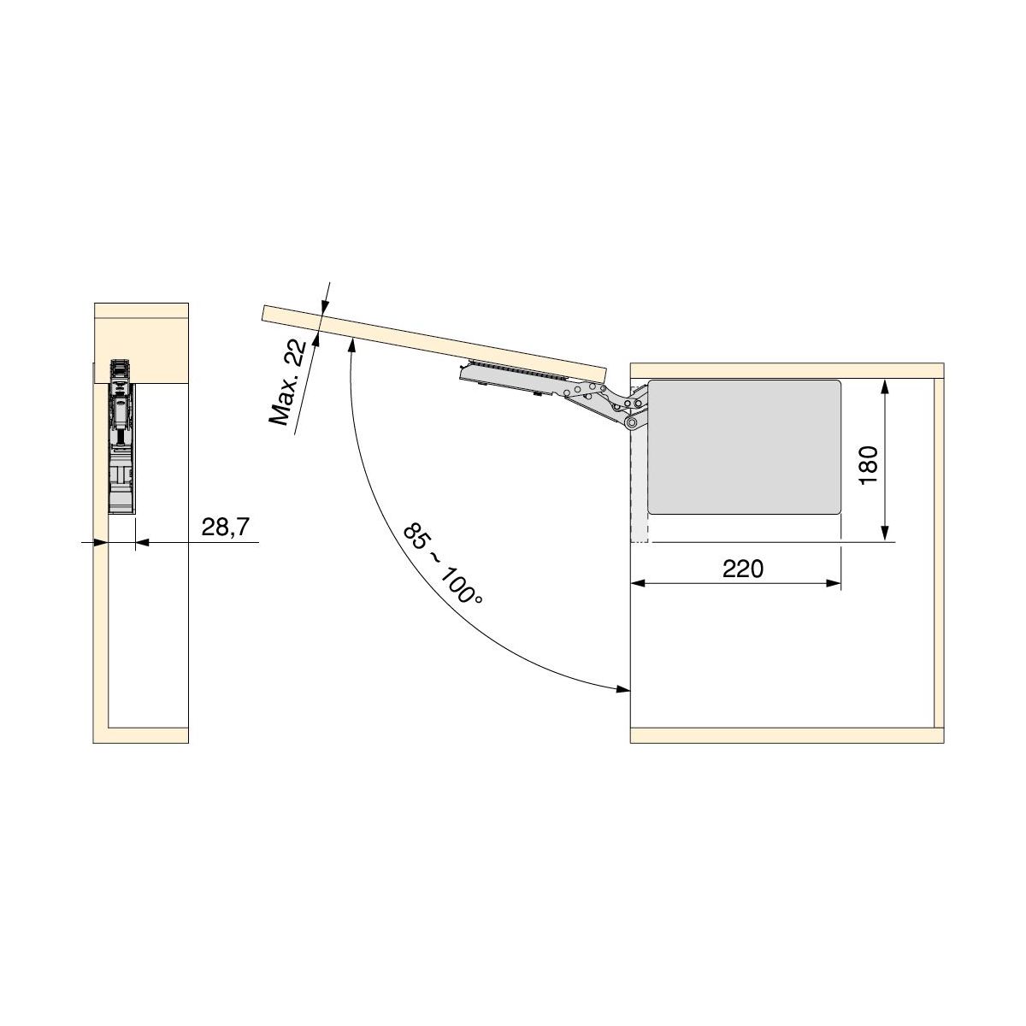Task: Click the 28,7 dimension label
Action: pos(225,527)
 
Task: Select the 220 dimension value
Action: pos(743,569)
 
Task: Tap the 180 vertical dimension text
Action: pos(868,465)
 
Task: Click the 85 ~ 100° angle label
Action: pos(443,565)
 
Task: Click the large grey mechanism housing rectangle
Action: pos(745,447)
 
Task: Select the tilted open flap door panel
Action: pos(434,342)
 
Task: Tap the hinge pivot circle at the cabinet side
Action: pos(632,423)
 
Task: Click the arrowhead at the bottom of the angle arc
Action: pos(623,689)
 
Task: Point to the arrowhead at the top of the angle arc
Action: pos(351,346)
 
